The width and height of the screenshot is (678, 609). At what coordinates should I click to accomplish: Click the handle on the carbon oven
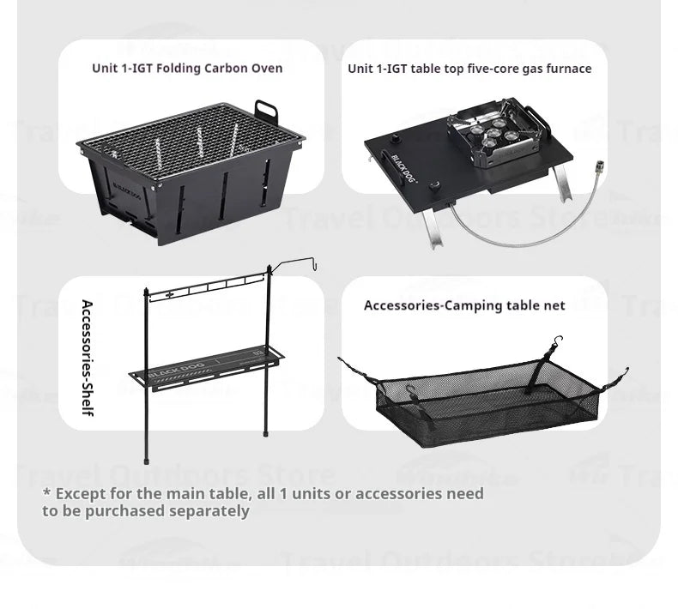coord(266,112)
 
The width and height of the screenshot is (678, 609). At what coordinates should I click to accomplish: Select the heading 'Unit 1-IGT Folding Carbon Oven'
coord(187,68)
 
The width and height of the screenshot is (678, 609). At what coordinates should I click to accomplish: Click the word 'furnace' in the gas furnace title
coord(567,69)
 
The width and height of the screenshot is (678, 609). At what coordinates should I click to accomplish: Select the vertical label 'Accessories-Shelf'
coord(87,358)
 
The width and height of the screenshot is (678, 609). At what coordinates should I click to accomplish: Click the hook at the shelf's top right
coord(315,264)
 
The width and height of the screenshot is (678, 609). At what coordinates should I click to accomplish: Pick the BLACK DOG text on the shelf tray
coord(175,366)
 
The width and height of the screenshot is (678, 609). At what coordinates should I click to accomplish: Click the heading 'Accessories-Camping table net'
coord(464,305)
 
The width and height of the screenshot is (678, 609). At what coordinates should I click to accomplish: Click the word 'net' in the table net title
coord(554,305)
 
